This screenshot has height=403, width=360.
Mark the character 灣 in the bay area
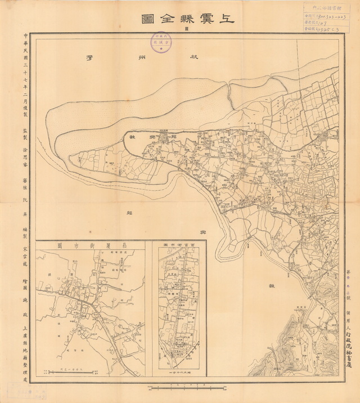click(88, 57)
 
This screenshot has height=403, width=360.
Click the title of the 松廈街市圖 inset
click(90, 246)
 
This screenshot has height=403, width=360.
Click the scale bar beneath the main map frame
click(179, 387)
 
